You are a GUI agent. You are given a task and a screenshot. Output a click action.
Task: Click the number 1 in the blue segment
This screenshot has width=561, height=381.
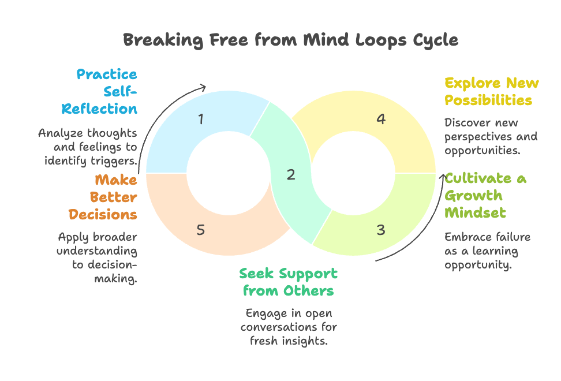click(x=201, y=119)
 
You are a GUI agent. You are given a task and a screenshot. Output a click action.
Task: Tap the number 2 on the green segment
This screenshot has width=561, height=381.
click(x=291, y=174)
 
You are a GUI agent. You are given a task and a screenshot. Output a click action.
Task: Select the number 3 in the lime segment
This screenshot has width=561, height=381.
click(x=380, y=230)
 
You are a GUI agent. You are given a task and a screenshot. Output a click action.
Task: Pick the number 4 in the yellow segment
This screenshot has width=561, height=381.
click(x=380, y=119)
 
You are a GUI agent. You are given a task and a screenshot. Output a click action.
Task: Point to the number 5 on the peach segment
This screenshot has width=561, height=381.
click(x=201, y=230)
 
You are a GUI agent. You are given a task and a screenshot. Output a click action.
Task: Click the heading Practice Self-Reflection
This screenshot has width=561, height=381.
click(x=107, y=91)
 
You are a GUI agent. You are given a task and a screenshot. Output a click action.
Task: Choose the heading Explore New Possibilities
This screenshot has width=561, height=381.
click(x=491, y=91)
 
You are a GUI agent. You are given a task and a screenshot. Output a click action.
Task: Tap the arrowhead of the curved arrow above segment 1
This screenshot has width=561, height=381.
click(x=203, y=87)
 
